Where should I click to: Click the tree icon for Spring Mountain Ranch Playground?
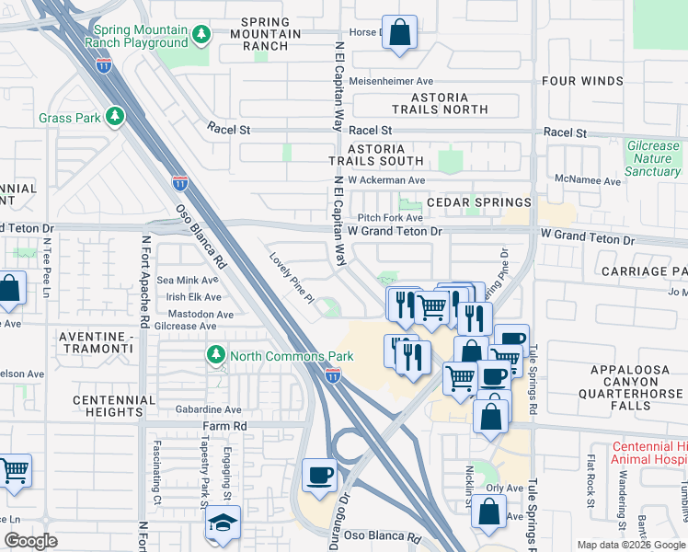201,35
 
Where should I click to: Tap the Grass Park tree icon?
115,118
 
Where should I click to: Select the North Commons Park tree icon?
215,355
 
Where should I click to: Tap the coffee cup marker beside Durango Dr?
319,475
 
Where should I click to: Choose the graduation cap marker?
223,523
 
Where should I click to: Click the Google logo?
31,541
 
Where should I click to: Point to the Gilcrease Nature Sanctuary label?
652,158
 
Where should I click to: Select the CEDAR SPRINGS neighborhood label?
489,202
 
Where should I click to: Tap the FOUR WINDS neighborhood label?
582,81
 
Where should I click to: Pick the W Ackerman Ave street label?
386,180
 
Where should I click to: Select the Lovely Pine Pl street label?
292,280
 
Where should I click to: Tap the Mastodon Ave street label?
192,314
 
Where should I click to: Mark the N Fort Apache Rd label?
144,282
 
